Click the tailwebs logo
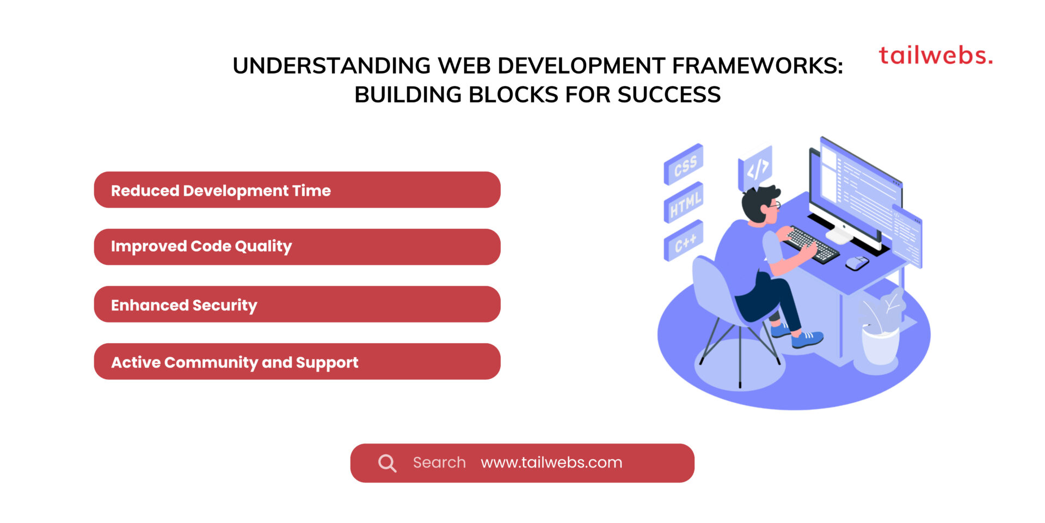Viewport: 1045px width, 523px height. point(936,56)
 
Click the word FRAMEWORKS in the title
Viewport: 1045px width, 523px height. point(757,66)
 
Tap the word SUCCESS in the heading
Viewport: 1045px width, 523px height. point(669,95)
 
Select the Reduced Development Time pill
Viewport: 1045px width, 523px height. point(297,190)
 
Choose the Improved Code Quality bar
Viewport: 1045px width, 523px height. point(297,247)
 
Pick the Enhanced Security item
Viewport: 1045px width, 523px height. point(297,305)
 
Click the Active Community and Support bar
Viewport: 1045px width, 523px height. point(297,362)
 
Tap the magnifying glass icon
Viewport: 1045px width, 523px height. point(387,463)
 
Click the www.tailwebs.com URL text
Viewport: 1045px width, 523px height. point(551,463)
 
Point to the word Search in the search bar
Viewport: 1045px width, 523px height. point(439,463)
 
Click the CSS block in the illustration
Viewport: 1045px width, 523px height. point(684,165)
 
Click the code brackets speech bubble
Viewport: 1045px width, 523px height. point(756,168)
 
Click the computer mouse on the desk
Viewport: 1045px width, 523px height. point(857,263)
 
